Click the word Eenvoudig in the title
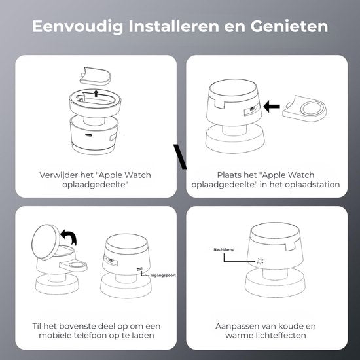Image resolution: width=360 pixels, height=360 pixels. coord(78,26)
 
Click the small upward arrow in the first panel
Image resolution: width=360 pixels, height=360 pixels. coord(96,93)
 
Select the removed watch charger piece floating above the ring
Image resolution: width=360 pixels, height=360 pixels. coord(96,76)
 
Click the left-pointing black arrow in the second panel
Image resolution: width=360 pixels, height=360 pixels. coord(272,106)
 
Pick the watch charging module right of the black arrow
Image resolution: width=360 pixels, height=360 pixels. coord(304,109)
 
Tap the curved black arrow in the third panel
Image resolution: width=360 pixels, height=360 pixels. coord(69,237)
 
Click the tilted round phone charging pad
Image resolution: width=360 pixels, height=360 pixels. coord(46,242)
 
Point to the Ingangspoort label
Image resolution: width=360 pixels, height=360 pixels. coord(163,275)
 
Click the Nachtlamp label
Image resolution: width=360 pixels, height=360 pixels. coord(224,249)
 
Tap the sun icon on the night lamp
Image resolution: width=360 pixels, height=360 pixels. coord(260,261)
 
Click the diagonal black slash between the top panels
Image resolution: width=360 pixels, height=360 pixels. coord(180,156)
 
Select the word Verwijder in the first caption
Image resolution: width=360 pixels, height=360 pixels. coord(58,175)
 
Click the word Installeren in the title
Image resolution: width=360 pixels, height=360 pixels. coord(173,26)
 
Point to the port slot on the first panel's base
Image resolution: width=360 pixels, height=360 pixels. coord(88,135)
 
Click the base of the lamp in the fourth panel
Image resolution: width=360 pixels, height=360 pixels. coord(276,283)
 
